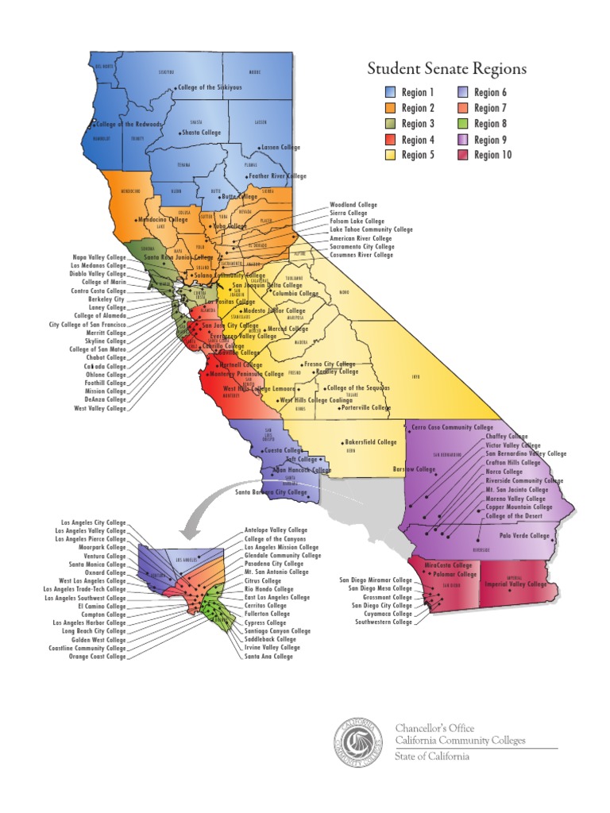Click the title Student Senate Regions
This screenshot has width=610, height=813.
coord(446,70)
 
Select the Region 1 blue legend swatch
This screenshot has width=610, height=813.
coord(390,93)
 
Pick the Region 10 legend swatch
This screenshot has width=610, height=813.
coord(462,155)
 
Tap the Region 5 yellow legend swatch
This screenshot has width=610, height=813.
coord(390,155)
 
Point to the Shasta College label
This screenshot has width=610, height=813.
coord(201,133)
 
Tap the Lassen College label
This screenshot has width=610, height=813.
coord(282,148)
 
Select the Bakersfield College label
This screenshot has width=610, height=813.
coord(370,442)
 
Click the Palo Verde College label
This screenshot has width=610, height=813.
coord(524,536)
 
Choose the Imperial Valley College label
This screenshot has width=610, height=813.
coord(516,584)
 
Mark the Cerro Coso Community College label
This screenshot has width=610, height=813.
coord(454,427)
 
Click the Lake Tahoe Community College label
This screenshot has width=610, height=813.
coord(371,229)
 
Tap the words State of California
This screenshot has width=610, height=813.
coord(432,757)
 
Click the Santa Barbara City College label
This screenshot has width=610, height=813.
coord(271,492)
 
